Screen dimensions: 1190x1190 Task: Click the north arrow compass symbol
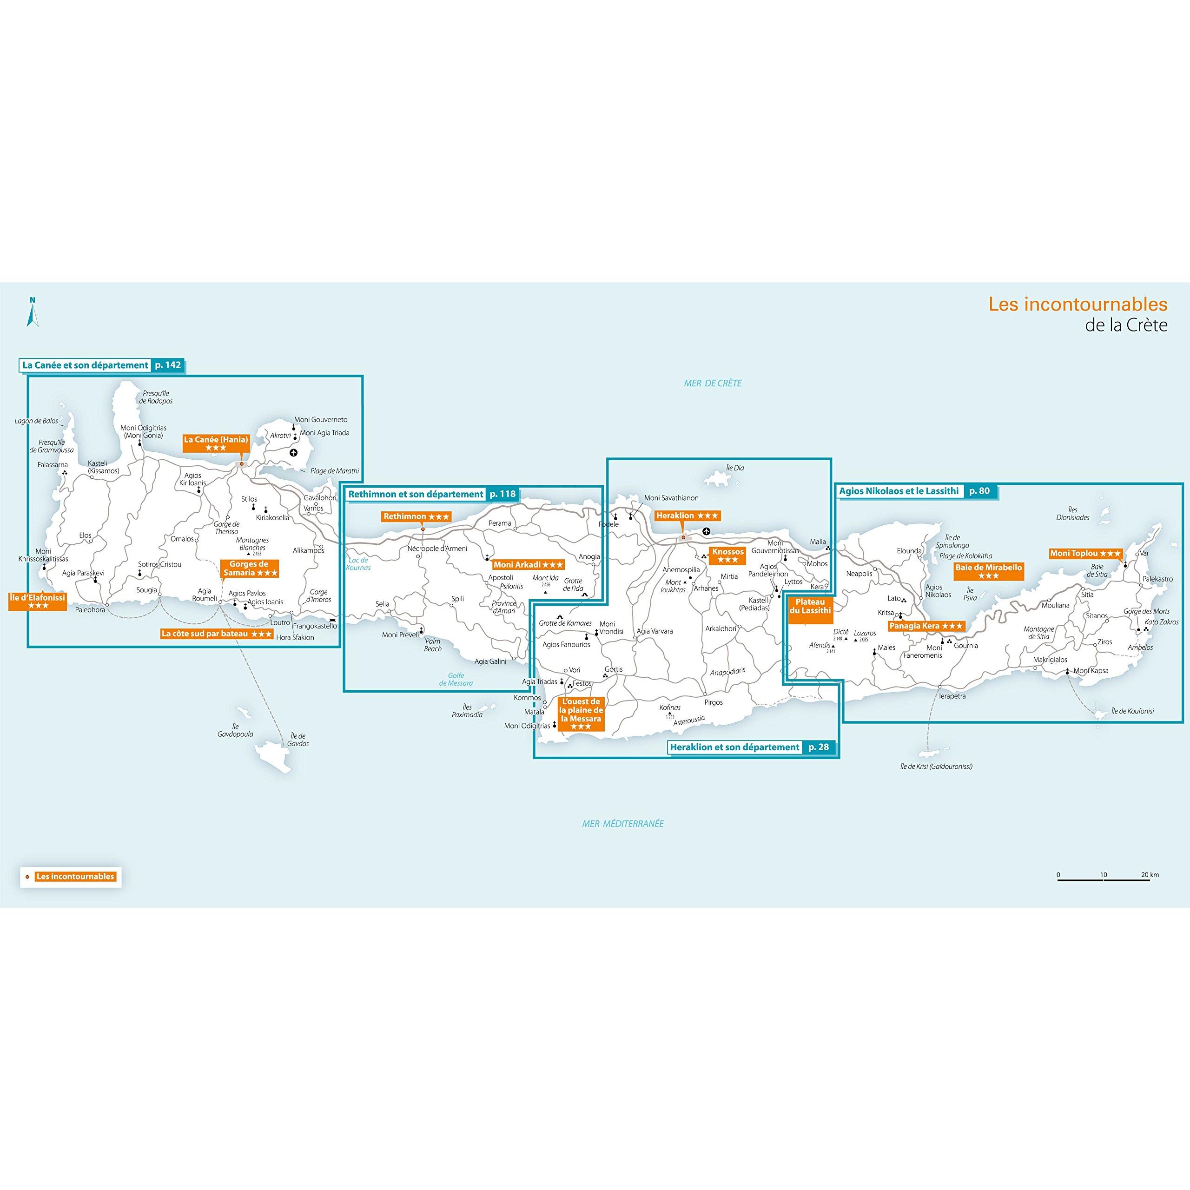[x=33, y=311]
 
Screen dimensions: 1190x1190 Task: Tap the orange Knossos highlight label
[x=727, y=555]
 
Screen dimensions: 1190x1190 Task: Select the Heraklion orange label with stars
[x=687, y=516]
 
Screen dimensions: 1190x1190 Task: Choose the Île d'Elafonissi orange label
[x=38, y=602]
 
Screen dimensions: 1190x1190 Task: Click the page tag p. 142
[x=168, y=365]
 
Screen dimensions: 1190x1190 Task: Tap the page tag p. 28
[x=819, y=747]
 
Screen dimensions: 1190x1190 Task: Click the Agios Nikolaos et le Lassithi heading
[x=899, y=491]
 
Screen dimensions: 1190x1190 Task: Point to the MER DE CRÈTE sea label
[x=713, y=383]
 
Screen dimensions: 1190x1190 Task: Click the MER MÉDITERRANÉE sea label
[x=623, y=824]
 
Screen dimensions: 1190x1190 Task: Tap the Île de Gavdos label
[x=297, y=740]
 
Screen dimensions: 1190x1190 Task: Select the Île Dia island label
[x=735, y=468]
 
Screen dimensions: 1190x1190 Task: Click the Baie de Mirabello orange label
[x=989, y=572]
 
